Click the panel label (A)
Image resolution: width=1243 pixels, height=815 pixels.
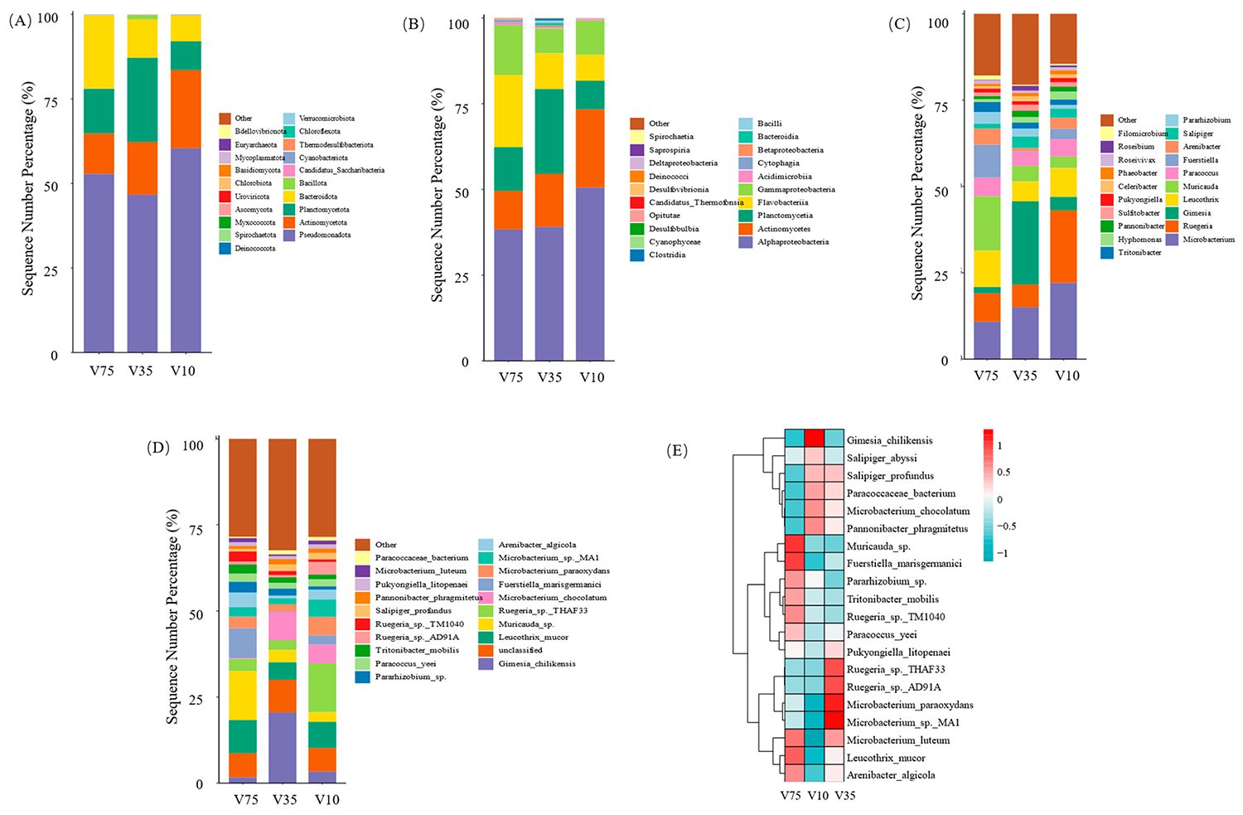pyautogui.click(x=21, y=22)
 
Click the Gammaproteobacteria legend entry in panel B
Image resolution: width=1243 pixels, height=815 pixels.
pyautogui.click(x=795, y=190)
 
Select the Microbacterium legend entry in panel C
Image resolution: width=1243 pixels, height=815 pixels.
pyautogui.click(x=1208, y=240)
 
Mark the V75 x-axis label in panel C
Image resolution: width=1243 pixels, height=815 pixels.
pyautogui.click(x=986, y=376)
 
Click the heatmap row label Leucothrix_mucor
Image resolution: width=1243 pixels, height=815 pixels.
pyautogui.click(x=885, y=758)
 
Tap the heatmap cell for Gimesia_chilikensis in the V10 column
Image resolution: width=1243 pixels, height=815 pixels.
pyautogui.click(x=815, y=439)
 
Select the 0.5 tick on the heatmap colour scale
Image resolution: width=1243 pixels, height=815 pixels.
pyautogui.click(x=1004, y=473)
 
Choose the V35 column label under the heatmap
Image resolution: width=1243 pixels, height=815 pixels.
pyautogui.click(x=844, y=796)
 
